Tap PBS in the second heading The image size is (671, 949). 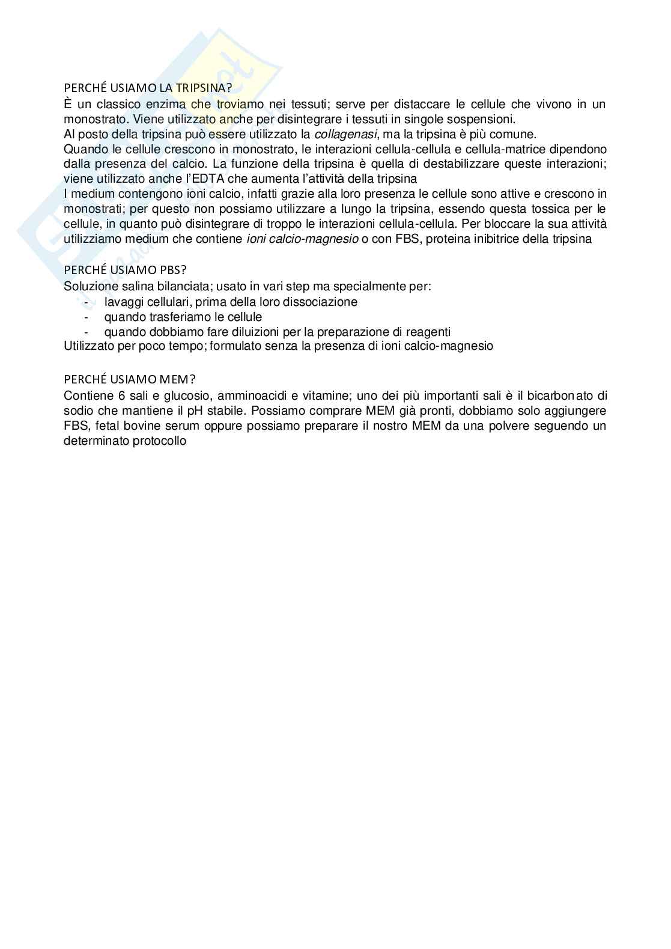pyautogui.click(x=168, y=270)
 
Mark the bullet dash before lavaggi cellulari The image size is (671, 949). pyautogui.click(x=88, y=302)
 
